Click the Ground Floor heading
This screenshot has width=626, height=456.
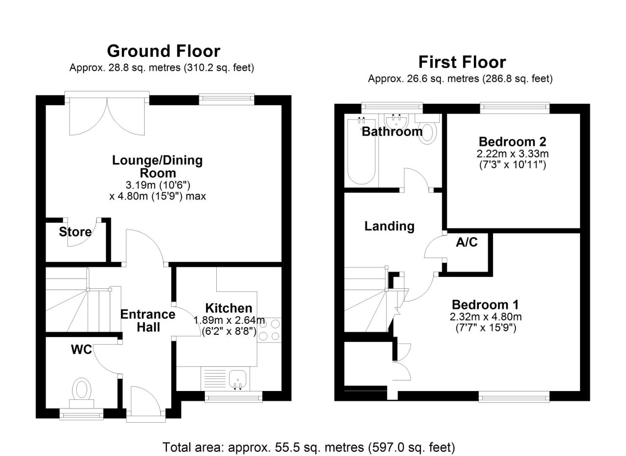click(x=164, y=51)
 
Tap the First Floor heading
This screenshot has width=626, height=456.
click(x=462, y=62)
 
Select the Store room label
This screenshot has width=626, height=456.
click(x=75, y=232)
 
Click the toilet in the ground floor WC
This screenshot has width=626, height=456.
click(x=82, y=393)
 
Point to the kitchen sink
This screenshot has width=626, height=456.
click(x=238, y=379)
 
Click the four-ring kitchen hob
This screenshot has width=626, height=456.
click(x=269, y=330)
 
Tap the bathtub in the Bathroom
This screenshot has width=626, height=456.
click(x=361, y=152)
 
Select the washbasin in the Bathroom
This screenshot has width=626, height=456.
click(x=397, y=122)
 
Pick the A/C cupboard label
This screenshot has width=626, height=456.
click(x=467, y=242)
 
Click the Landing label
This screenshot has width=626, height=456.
click(x=389, y=226)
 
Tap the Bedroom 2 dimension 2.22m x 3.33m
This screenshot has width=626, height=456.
click(x=513, y=154)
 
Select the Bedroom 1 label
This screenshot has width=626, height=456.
click(x=485, y=304)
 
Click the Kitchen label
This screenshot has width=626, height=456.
click(x=228, y=308)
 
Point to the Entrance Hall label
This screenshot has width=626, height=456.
click(x=148, y=321)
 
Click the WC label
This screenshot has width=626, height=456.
click(x=81, y=350)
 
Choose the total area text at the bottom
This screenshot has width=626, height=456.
click(x=309, y=447)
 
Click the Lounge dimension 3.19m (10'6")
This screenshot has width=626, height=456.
click(x=158, y=185)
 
